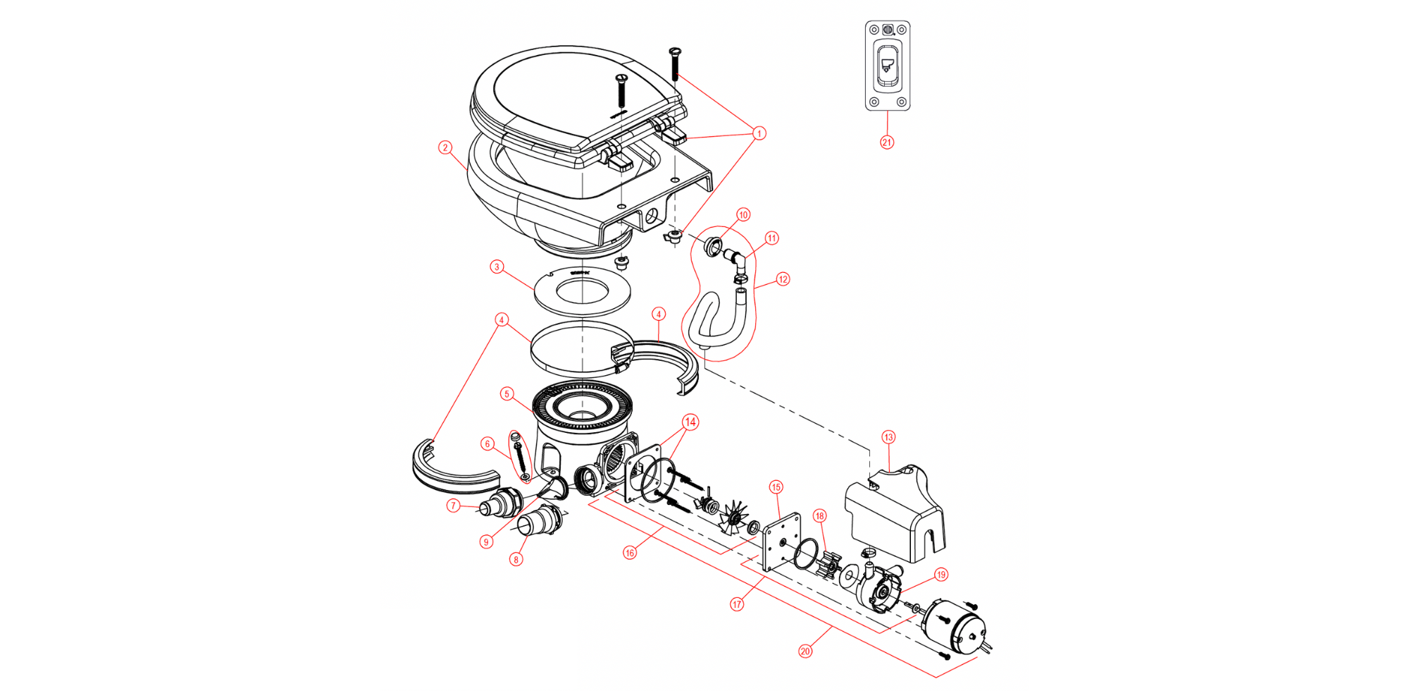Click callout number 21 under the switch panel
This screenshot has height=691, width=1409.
click(x=887, y=142)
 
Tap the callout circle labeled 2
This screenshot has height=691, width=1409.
click(x=445, y=147)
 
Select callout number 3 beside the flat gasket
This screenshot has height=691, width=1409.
click(x=497, y=267)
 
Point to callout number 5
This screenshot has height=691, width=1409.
click(x=507, y=394)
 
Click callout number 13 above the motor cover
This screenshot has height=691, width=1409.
click(x=888, y=437)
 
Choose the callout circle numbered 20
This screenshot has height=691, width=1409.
click(x=805, y=652)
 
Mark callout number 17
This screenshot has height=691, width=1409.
click(x=737, y=604)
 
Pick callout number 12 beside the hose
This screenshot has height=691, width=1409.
click(x=783, y=279)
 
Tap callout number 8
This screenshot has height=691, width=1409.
click(x=516, y=560)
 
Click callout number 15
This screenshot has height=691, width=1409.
click(x=776, y=487)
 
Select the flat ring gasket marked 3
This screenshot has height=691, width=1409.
click(x=582, y=291)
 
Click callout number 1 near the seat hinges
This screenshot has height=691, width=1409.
click(x=759, y=133)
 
